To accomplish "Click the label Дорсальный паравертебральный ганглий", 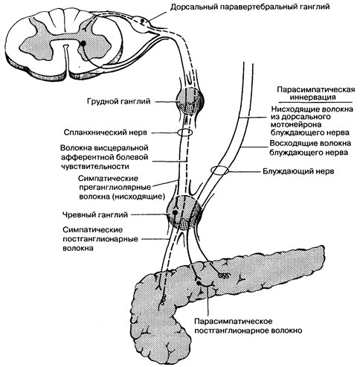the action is [250, 7].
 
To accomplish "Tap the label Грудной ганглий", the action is [119, 101].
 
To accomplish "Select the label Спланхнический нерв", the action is [106, 133].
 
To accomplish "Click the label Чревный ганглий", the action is [95, 214].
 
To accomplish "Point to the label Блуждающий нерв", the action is [298, 171].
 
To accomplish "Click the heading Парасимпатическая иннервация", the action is [316, 93].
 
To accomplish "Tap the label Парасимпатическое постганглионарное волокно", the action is [248, 326].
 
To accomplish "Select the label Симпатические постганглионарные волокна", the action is [100, 239].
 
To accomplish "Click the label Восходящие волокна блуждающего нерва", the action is [310, 147].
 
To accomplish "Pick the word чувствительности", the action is [94, 166].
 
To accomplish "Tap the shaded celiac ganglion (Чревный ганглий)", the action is [184, 212].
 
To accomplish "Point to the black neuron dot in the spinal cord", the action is [83, 43].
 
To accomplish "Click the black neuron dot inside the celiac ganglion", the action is [175, 212].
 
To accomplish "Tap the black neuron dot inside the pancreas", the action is [198, 283].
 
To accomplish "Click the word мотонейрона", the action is [296, 124].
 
